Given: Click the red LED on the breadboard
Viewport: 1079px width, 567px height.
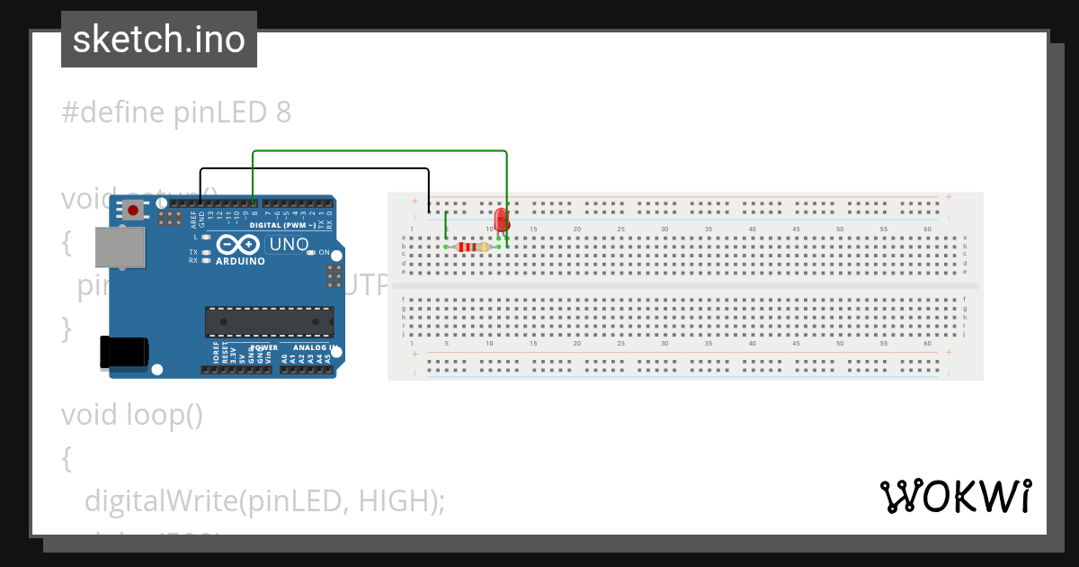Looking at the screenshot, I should coord(502,220).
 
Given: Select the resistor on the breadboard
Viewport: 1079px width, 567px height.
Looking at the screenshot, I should coord(472,247).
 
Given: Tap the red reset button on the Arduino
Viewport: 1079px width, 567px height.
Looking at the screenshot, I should coord(133,211).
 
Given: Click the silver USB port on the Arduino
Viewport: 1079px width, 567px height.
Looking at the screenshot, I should coord(120,247).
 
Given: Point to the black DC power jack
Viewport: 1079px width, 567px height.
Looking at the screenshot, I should coord(123,351).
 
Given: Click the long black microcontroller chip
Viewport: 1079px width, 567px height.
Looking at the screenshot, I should coord(269,322).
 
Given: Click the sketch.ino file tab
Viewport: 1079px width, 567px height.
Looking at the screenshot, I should coord(159,40).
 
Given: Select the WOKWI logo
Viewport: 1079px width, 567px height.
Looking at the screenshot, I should coord(955,496).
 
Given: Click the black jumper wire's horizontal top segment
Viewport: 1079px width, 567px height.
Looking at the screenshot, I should coord(314,169).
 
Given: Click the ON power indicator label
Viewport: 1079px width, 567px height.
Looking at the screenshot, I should coord(324,253).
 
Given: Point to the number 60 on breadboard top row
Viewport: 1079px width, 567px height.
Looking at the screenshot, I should coord(927,229).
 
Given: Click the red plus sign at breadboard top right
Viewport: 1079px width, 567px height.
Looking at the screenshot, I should coord(949,196).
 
